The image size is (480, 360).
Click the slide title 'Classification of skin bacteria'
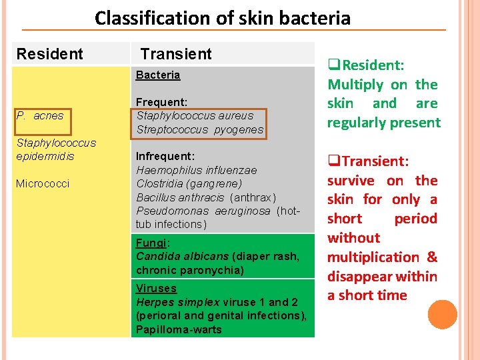[x=222, y=17]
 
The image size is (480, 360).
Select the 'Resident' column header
[x=50, y=54]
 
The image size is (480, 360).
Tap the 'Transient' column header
[x=176, y=54]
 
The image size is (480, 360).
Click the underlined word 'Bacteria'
[x=158, y=75]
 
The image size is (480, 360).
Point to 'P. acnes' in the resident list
[x=40, y=115]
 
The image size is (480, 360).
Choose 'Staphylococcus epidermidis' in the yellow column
[x=56, y=149]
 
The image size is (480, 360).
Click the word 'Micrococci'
[x=43, y=183]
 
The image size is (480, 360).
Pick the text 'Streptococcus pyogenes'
[x=200, y=129]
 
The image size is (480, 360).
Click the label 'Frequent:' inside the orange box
[x=161, y=102]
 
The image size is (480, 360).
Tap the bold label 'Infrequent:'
[x=165, y=156]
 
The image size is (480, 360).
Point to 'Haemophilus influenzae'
[x=196, y=170]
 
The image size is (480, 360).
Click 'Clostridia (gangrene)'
[x=189, y=183]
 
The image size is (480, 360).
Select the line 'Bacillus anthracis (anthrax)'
[x=205, y=197]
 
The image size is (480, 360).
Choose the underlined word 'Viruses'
[x=156, y=288]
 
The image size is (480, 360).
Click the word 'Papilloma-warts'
[x=179, y=329]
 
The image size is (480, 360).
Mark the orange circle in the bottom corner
[x=443, y=315]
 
